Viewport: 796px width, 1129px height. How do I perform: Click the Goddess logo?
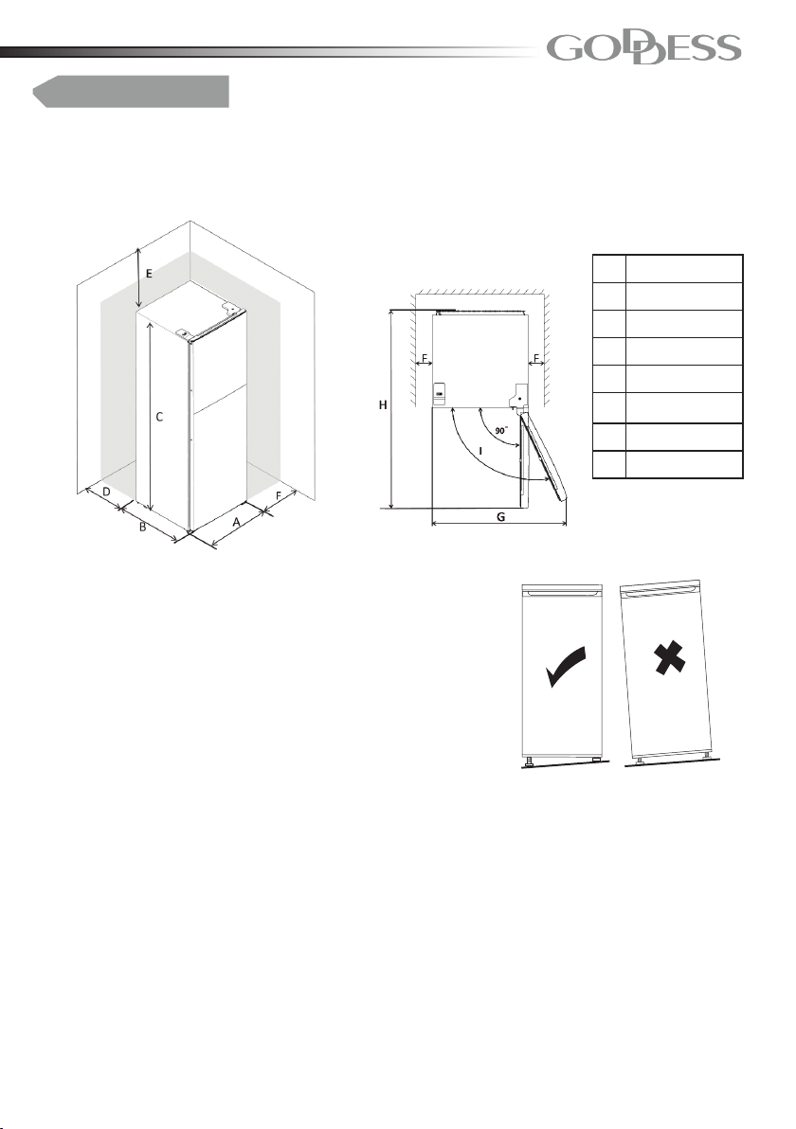coord(643,49)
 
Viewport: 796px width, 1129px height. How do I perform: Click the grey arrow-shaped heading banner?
coord(131,92)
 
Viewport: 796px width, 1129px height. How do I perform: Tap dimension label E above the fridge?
coord(149,274)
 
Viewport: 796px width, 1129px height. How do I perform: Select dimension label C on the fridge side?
coord(160,417)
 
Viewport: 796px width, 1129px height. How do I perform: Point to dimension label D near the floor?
coord(106,492)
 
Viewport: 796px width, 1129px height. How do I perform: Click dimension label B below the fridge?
coord(143,527)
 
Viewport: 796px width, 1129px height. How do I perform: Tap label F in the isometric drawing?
coord(279,494)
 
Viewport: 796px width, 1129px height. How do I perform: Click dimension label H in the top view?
coord(383,405)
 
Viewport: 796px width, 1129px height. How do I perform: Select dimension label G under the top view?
coord(500,516)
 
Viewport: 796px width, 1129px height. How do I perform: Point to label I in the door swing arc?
coord(479,451)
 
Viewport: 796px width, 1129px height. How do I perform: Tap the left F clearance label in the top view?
coord(425,357)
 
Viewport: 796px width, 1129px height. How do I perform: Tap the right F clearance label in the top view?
coord(536,357)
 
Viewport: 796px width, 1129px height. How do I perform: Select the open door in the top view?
coord(543,454)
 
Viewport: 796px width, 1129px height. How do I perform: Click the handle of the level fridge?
coord(562,593)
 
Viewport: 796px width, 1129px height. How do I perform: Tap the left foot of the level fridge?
coord(530,760)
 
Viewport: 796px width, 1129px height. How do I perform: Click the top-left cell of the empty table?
coord(608,269)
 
